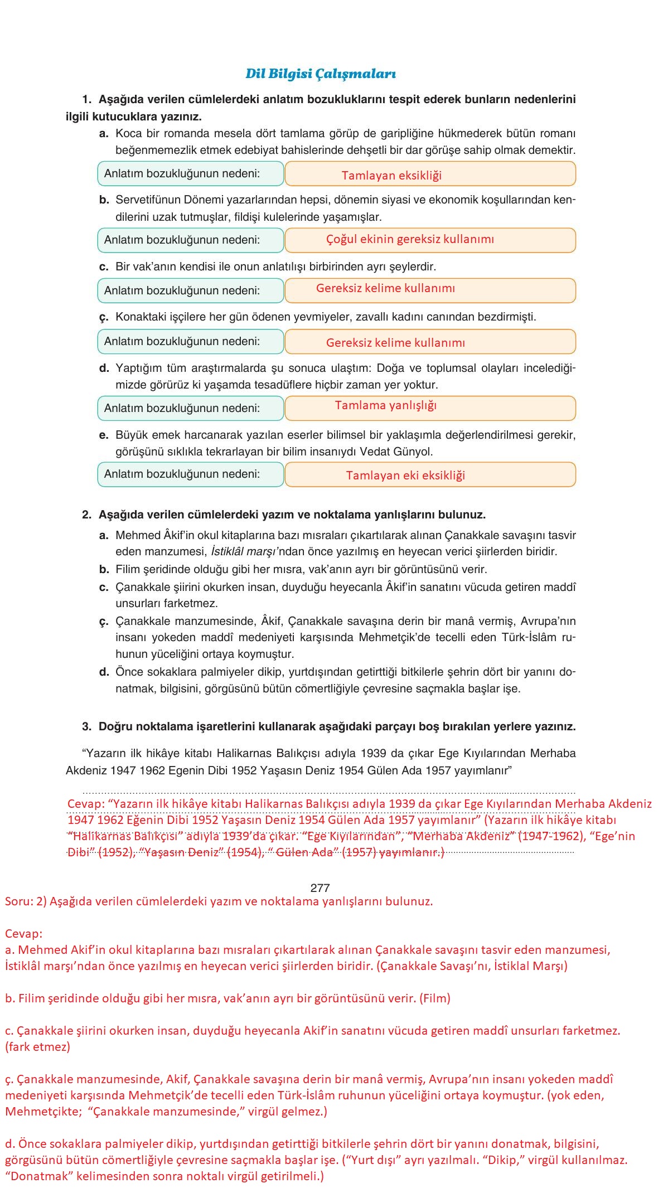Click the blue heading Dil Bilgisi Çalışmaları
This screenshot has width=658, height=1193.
tap(321, 74)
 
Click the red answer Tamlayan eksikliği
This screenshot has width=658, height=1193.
tap(391, 176)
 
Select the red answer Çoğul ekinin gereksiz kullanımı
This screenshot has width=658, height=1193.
tap(410, 239)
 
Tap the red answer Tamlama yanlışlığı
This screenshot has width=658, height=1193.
tap(385, 405)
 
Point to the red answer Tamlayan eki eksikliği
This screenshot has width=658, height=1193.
tap(405, 476)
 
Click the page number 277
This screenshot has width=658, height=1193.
tap(320, 888)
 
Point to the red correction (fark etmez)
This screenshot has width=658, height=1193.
tap(38, 1046)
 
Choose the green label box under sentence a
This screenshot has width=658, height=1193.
tap(191, 173)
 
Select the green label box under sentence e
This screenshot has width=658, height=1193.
tap(191, 474)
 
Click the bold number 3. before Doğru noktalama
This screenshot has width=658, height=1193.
tap(86, 726)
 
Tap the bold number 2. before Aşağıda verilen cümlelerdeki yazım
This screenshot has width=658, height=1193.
tap(86, 515)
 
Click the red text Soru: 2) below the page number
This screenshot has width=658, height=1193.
tap(26, 901)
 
